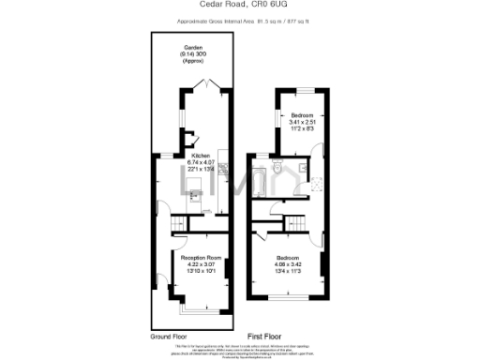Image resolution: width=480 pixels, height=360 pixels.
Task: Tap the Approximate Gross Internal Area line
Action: (x=239, y=21)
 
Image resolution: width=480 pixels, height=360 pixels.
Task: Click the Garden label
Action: (x=193, y=48)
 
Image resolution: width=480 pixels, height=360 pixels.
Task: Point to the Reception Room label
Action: (x=201, y=257)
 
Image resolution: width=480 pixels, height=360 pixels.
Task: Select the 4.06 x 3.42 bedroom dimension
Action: (x=288, y=263)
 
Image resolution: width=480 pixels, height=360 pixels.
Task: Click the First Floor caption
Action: (x=266, y=335)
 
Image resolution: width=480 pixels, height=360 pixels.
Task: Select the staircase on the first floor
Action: (x=296, y=221)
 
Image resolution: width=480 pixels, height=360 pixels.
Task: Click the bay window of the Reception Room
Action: (x=201, y=307)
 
